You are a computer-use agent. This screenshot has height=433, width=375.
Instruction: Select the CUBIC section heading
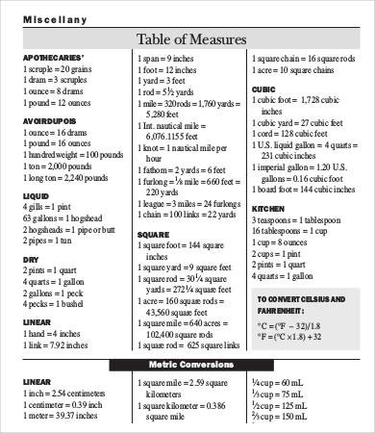click(263, 89)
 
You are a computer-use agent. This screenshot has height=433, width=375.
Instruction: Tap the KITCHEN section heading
click(268, 207)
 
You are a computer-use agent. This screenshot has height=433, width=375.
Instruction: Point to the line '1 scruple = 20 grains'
click(59, 70)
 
